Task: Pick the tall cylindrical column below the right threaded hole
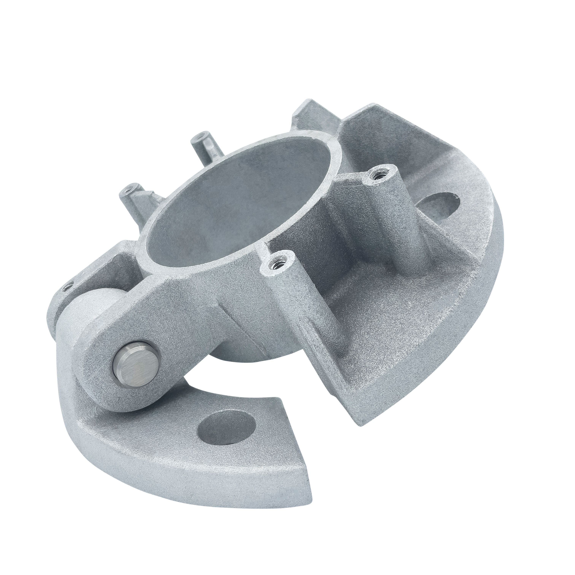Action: (x=405, y=226)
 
